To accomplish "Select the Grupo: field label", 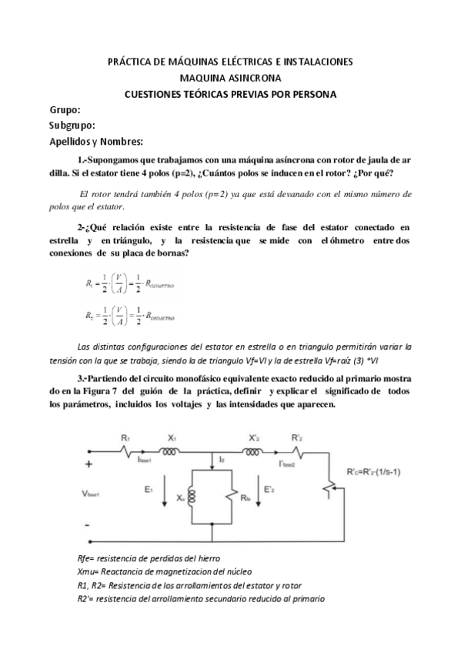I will click(64, 110).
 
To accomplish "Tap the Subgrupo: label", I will click(72, 125).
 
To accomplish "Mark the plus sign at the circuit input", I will click(89, 464).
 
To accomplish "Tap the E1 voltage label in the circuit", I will click(151, 487).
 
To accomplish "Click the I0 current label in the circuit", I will click(222, 460).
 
